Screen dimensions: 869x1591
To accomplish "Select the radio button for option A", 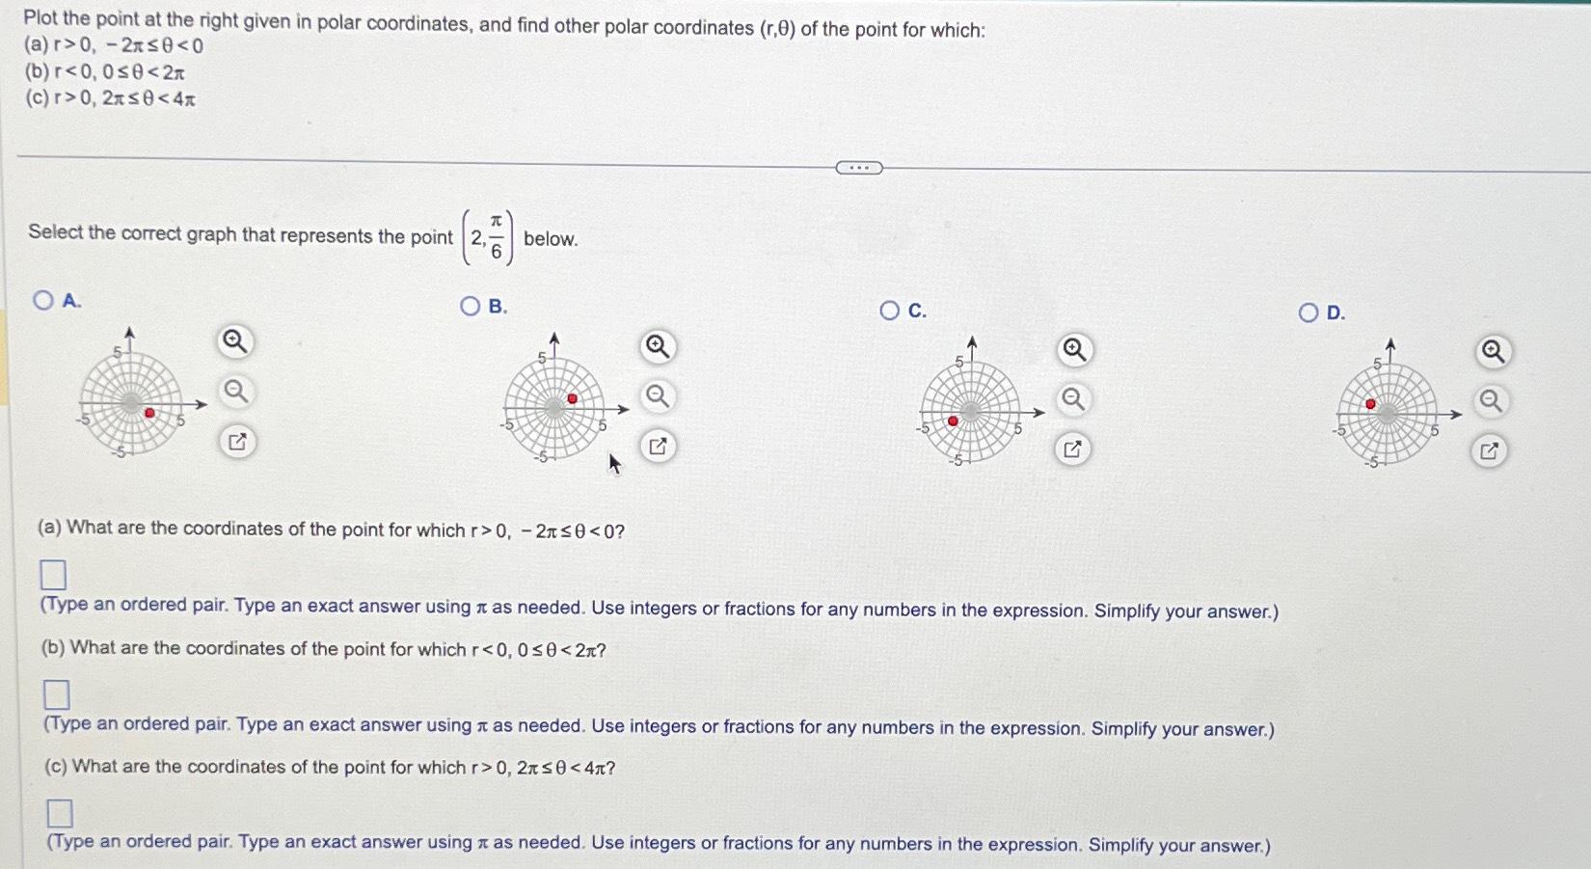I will point(42,300).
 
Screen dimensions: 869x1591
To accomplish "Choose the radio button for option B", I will point(470,306).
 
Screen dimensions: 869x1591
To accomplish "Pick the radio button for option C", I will point(889,310).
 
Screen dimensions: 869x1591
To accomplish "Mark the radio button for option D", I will point(1308,312).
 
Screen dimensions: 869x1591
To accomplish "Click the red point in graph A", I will point(149,413).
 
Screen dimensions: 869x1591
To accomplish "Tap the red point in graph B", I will point(573,398).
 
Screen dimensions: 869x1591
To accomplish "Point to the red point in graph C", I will point(953,421).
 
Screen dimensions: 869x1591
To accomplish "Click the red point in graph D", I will point(1370,404).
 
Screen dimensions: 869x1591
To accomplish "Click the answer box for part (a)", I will point(53,575).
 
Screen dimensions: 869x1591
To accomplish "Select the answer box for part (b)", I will point(56,693).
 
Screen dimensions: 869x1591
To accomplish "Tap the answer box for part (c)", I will point(59,813).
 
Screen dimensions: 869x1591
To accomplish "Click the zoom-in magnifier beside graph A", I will point(235,341).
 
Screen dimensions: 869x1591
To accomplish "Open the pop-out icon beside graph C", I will point(1072,448).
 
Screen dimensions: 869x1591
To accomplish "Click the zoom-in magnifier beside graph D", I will point(1493,352).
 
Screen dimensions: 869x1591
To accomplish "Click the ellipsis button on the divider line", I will point(858,168).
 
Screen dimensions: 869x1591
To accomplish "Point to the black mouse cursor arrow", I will point(614,464).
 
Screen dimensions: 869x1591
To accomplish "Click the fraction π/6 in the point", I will point(496,237).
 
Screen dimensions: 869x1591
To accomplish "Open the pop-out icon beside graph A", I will point(237,442).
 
